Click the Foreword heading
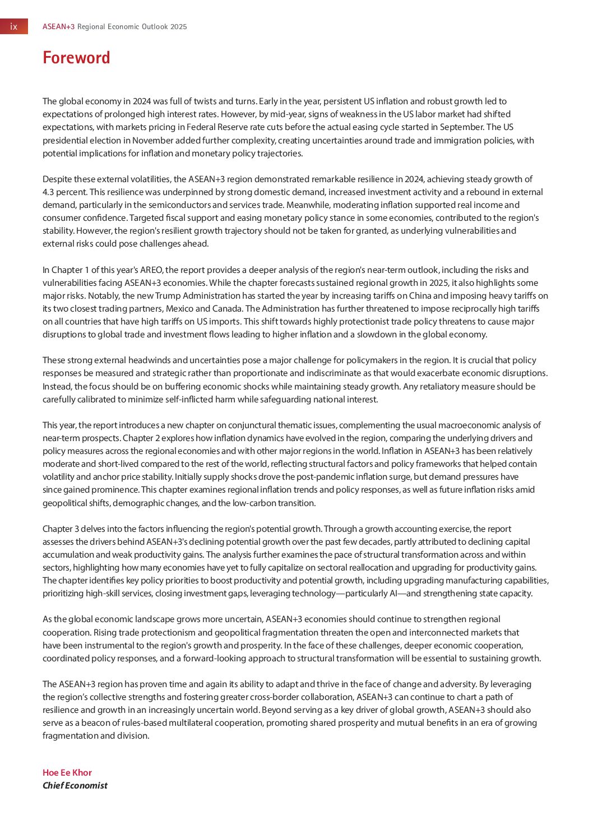click(x=76, y=58)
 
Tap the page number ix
click(x=14, y=26)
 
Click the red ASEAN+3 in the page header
click(x=58, y=26)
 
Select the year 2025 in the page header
click(x=179, y=26)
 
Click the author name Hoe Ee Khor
click(x=67, y=772)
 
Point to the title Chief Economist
click(x=75, y=785)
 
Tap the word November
click(x=154, y=140)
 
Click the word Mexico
click(x=194, y=309)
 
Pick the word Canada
click(x=228, y=309)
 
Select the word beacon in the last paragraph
click(x=92, y=723)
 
